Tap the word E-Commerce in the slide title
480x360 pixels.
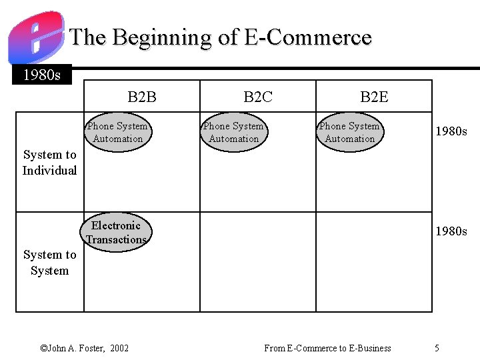click(x=307, y=37)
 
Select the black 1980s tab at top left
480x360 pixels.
click(x=41, y=75)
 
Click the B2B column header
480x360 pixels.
click(x=142, y=97)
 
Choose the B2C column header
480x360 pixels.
click(x=258, y=97)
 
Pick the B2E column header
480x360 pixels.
click(x=374, y=97)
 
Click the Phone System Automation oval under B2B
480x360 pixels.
click(x=118, y=132)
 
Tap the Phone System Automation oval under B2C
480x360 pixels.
click(x=234, y=132)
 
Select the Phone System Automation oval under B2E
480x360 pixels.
click(x=350, y=132)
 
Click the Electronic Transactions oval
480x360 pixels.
click(x=117, y=233)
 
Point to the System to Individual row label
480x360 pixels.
click(x=50, y=163)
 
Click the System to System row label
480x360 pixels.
click(x=50, y=263)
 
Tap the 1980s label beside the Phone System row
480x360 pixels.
click(x=451, y=131)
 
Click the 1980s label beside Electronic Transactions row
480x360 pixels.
click(x=451, y=231)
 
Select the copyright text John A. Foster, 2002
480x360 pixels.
click(x=85, y=348)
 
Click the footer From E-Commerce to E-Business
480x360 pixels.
click(x=327, y=348)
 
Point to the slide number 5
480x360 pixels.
click(x=437, y=348)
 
